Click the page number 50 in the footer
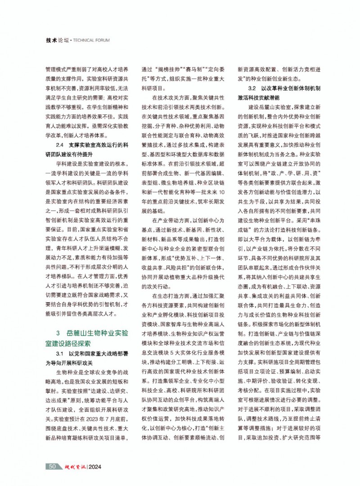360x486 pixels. pyautogui.click(x=52, y=466)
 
